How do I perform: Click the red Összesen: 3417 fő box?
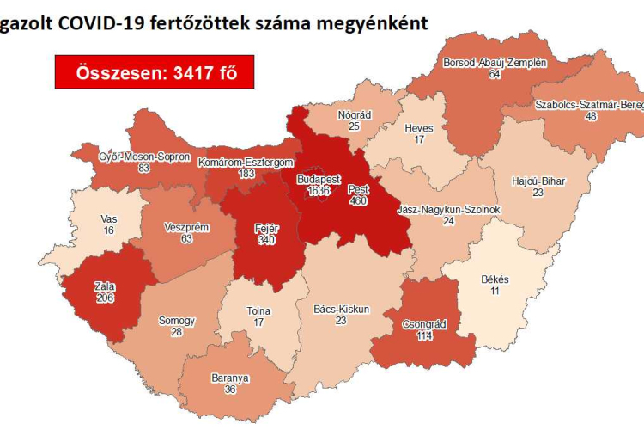tap(154, 72)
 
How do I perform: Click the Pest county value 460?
tap(359, 200)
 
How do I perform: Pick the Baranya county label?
tap(231, 377)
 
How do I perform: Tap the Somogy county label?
tap(177, 321)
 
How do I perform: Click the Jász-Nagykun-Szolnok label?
tap(448, 209)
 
